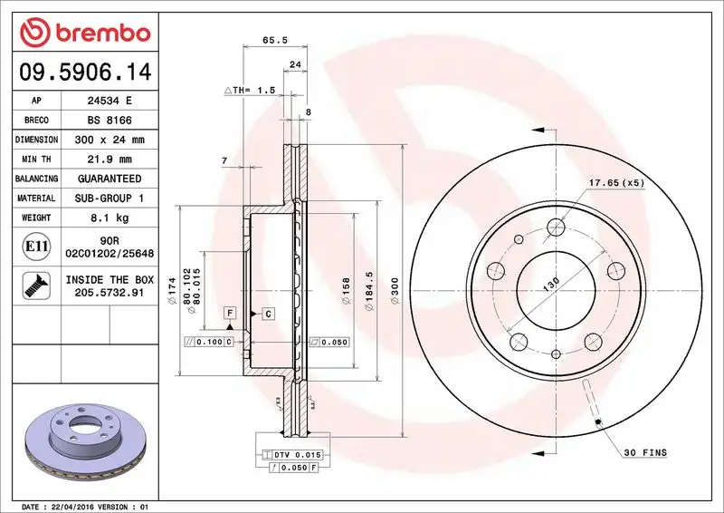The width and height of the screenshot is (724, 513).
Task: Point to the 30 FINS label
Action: (x=643, y=451)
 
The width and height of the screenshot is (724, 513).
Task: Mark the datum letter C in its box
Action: (x=269, y=314)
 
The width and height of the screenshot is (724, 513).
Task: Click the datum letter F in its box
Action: (x=232, y=313)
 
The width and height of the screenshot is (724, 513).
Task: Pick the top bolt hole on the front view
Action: (x=555, y=227)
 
